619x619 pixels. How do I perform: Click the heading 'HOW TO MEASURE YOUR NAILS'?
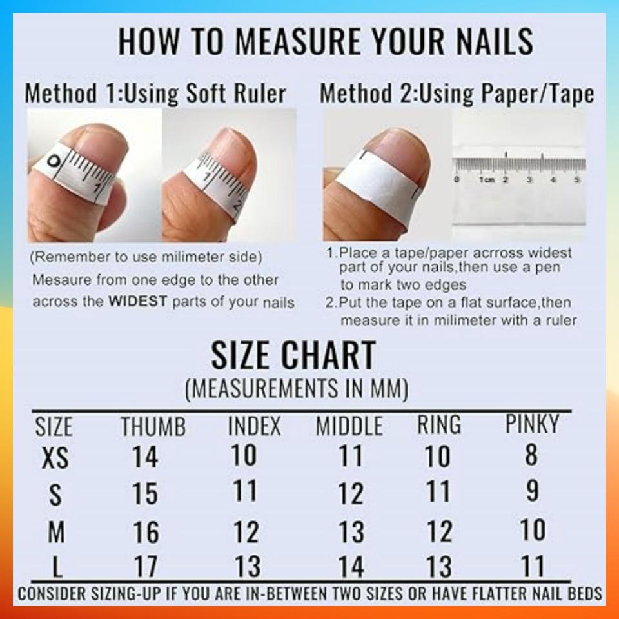[x=326, y=41]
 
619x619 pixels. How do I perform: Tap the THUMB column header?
[x=153, y=426]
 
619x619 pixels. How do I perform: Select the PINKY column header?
[x=532, y=424]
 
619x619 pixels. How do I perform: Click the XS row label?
[x=55, y=458]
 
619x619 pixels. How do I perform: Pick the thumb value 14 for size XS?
[x=145, y=457]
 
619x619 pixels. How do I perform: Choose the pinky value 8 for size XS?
[x=531, y=455]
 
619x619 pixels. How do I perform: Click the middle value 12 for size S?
[x=351, y=494]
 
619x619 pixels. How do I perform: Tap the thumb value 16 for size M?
[x=146, y=533]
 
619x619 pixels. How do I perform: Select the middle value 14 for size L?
[x=351, y=567]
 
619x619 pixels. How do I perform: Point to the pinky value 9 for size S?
[x=532, y=491]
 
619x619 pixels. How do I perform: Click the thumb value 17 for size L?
[x=146, y=567]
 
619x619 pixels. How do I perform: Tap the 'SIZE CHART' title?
[x=293, y=355]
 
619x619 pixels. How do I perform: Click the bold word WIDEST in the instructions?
[x=137, y=301]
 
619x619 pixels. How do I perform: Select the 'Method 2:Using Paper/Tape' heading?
[x=457, y=94]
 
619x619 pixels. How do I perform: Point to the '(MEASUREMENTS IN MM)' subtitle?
[x=296, y=389]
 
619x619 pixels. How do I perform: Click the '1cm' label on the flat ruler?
[x=486, y=179]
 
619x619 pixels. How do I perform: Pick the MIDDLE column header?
[x=349, y=426]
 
